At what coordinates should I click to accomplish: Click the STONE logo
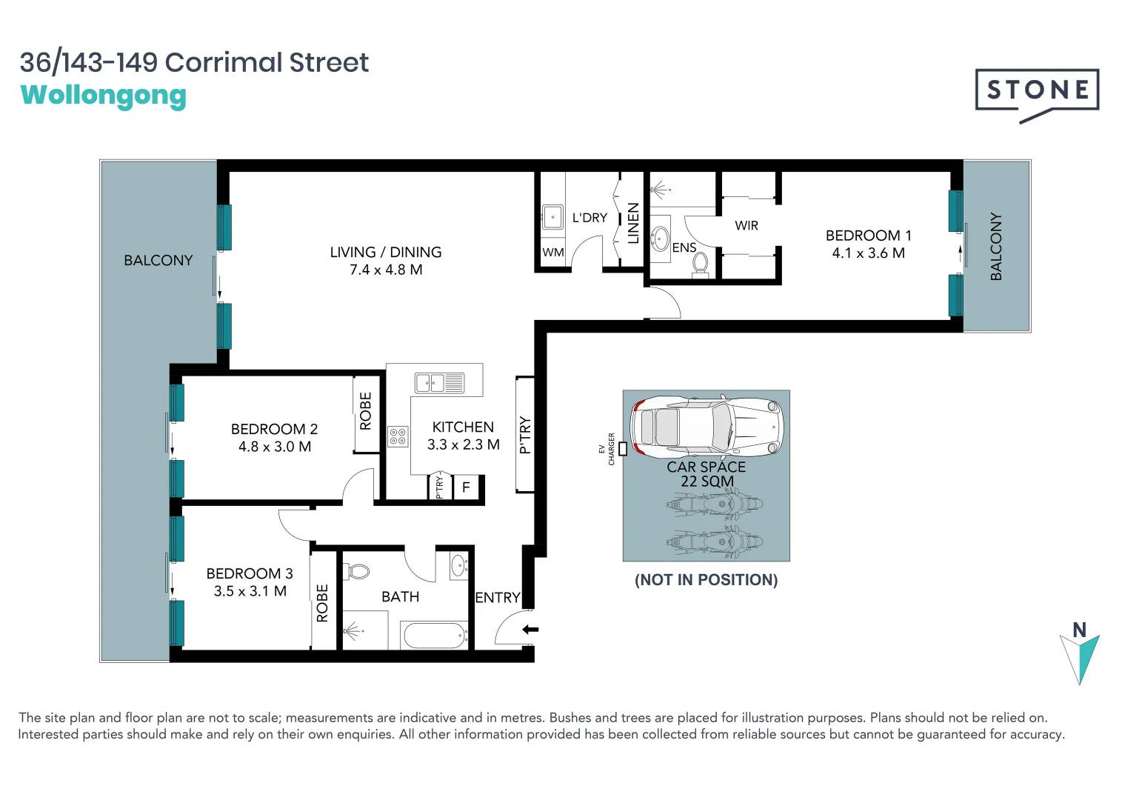point(1037,90)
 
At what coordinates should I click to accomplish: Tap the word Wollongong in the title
point(104,96)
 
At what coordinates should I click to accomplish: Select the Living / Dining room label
point(385,253)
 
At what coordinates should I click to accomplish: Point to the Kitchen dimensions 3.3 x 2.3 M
point(463,445)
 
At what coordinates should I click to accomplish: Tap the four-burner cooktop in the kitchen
point(398,437)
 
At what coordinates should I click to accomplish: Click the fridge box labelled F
point(466,487)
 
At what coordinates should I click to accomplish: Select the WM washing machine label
point(552,253)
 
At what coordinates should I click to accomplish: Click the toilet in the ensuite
point(700,264)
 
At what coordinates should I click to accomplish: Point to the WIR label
point(746,226)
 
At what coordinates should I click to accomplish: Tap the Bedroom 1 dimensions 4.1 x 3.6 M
point(868,253)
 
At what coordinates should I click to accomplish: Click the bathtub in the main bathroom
point(433,635)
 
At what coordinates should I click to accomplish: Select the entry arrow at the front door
point(530,630)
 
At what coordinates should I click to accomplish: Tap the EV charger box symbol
point(623,449)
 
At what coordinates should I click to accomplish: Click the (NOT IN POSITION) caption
point(706,580)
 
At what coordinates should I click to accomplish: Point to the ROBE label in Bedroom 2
point(365,411)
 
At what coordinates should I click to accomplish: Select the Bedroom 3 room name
point(249,574)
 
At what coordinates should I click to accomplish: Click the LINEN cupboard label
point(633,224)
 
